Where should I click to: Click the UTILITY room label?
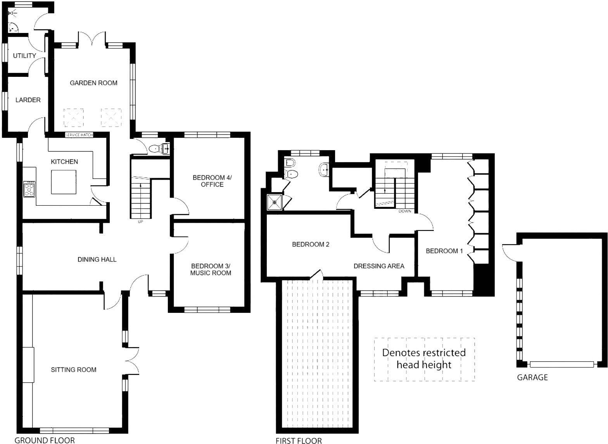click(24, 55)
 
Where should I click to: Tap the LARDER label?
click(28, 100)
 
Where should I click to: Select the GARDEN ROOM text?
click(93, 83)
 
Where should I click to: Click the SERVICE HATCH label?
click(79, 135)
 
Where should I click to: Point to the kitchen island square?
click(64, 182)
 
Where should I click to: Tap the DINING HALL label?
click(97, 259)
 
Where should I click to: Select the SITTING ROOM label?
click(73, 369)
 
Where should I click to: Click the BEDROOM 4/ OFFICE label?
click(212, 181)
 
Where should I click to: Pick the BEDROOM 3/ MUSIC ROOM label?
click(211, 269)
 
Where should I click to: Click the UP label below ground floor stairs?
click(140, 222)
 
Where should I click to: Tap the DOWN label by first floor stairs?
click(404, 212)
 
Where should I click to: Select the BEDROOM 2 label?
click(311, 245)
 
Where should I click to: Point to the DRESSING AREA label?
click(379, 266)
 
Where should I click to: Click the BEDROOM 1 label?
click(444, 251)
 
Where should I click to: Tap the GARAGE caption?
click(532, 377)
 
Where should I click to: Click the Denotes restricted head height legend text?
click(424, 359)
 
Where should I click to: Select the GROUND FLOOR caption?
click(45, 440)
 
